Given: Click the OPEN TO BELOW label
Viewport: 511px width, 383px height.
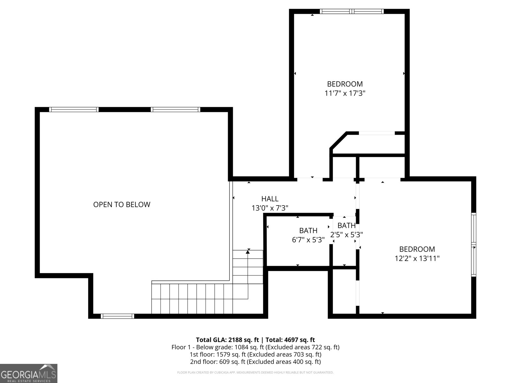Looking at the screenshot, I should click(122, 205).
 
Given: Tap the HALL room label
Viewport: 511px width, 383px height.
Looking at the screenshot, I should click(270, 199).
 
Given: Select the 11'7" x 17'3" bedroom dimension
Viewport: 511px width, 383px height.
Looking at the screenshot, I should click(345, 94).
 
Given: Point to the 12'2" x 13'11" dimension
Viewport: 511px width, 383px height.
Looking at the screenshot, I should click(417, 259).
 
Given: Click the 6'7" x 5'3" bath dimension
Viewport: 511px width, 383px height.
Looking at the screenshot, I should click(308, 240).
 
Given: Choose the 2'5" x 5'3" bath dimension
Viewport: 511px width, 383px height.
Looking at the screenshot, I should click(347, 235).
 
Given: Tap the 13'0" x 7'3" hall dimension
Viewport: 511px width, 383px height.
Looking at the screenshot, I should click(270, 208).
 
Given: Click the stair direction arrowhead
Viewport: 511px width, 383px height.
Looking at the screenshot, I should click(248, 252).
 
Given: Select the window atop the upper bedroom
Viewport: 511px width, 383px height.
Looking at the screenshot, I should click(352, 11).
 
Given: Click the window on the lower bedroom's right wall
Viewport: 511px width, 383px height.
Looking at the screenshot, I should click(474, 245).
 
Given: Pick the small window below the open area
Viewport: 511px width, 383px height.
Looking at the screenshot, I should click(117, 316).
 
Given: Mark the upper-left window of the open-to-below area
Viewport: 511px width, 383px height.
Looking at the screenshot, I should click(74, 109).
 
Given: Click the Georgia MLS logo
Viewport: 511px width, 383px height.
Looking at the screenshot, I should click(28, 373).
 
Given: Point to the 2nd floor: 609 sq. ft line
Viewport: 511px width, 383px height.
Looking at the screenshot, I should click(255, 362).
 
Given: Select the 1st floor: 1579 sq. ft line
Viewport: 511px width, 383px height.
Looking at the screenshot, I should click(255, 354).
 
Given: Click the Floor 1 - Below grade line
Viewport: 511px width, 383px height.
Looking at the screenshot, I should click(255, 347).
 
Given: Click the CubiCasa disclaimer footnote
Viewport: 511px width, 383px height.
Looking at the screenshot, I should click(255, 372).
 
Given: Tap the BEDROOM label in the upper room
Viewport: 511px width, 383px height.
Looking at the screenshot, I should click(345, 84).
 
